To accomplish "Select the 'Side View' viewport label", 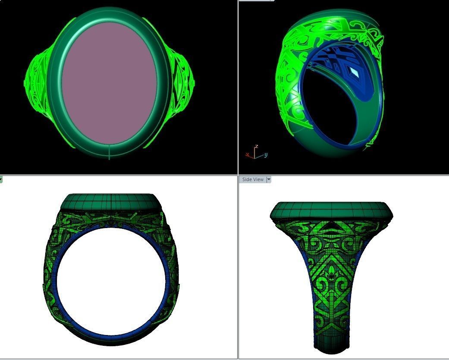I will pyautogui.click(x=253, y=179).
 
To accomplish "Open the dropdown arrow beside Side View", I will pyautogui.click(x=269, y=179).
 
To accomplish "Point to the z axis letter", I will pyautogui.click(x=256, y=147).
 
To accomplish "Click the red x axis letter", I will pyautogui.click(x=247, y=154).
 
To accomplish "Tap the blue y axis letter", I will pyautogui.click(x=266, y=155).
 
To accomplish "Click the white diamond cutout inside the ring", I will pyautogui.click(x=355, y=72).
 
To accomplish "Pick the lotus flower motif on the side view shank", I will pyautogui.click(x=331, y=273).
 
